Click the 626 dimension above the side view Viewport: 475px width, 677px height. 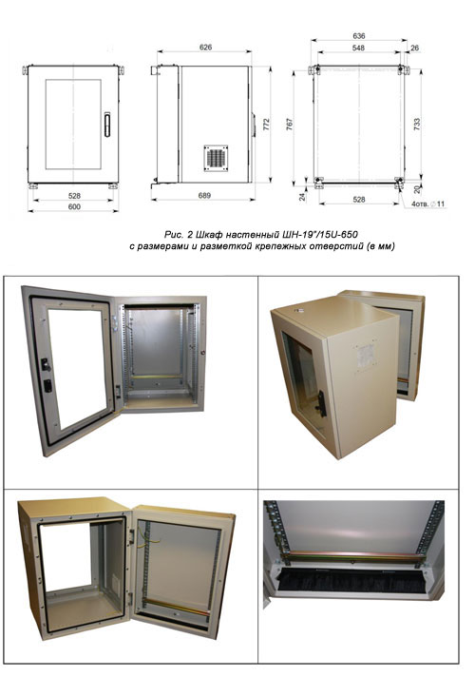(x=205, y=47)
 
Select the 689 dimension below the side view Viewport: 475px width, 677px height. (x=204, y=196)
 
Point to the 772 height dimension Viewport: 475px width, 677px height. (x=266, y=125)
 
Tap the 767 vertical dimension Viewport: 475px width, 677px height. (x=290, y=125)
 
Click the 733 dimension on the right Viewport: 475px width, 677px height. (x=416, y=125)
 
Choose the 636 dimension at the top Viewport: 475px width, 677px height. (x=358, y=36)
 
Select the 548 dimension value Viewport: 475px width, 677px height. (x=358, y=48)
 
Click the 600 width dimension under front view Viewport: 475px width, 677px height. (x=74, y=207)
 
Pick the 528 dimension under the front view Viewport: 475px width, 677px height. (x=74, y=196)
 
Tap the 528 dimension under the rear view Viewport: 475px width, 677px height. (x=359, y=200)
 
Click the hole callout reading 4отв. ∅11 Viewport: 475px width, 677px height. (x=427, y=203)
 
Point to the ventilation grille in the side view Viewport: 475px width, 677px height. (x=216, y=158)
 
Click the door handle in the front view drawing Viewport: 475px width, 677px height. (x=107, y=125)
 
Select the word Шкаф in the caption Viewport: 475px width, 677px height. (x=209, y=235)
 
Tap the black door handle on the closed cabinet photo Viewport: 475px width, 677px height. (x=321, y=403)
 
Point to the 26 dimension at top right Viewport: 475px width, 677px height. (x=414, y=48)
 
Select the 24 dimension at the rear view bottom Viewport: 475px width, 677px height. (x=302, y=197)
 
